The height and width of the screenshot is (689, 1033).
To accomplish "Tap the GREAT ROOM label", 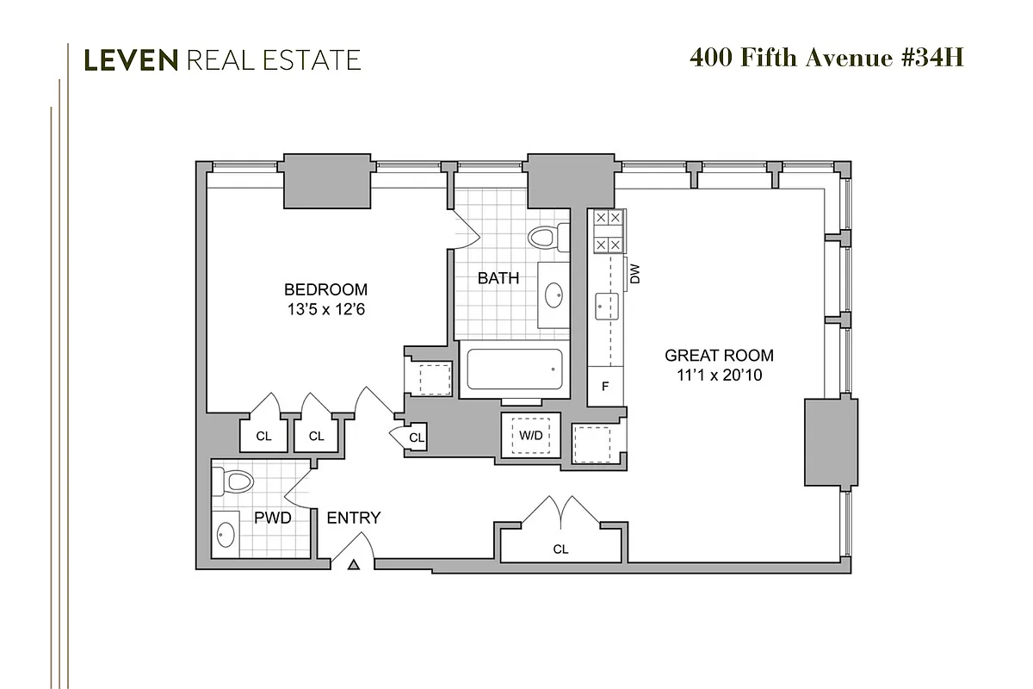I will coord(719,355).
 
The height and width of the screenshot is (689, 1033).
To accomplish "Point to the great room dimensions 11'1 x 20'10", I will coord(719,376).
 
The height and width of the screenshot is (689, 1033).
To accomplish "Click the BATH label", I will coord(498,278).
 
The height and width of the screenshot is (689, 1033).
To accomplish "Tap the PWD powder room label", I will coord(272,518).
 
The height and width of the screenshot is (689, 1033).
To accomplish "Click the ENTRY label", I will coord(353,518).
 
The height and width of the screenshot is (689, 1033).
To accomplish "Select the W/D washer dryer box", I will coord(530,435).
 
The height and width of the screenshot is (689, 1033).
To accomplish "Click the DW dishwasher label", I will coord(636,274).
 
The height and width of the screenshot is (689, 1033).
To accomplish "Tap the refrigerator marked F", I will coord(605,386).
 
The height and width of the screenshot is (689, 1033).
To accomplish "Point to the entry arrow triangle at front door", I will coord(353,565).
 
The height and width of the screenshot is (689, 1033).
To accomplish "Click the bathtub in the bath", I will coord(514,370).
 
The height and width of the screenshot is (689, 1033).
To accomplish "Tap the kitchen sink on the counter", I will coord(603,303).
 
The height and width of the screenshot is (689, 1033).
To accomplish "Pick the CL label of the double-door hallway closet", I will coord(560,549).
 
